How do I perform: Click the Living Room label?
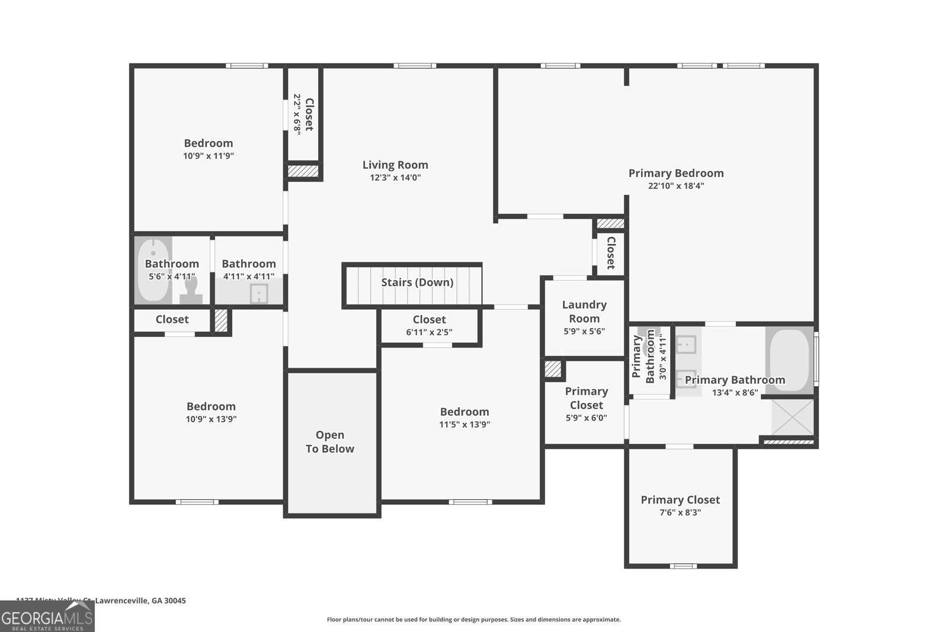(x=395, y=165)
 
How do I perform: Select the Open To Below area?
(x=331, y=441)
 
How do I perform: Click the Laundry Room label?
(x=584, y=312)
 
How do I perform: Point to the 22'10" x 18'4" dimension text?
(x=676, y=186)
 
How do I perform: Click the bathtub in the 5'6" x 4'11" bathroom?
(x=153, y=270)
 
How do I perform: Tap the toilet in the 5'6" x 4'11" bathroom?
(x=191, y=288)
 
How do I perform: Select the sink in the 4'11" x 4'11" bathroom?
(x=259, y=293)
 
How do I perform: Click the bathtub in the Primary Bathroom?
(x=789, y=360)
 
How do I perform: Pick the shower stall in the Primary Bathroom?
(x=793, y=417)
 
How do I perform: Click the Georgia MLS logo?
(x=47, y=617)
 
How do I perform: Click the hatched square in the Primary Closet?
(x=553, y=369)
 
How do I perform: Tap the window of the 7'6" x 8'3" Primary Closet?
(x=683, y=566)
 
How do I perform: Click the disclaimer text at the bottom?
(x=473, y=620)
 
